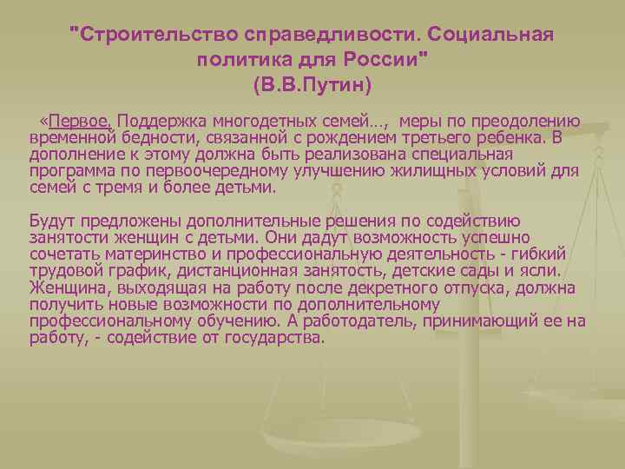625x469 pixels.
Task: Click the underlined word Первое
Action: [85, 122]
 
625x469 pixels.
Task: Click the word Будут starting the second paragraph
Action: [51, 221]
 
